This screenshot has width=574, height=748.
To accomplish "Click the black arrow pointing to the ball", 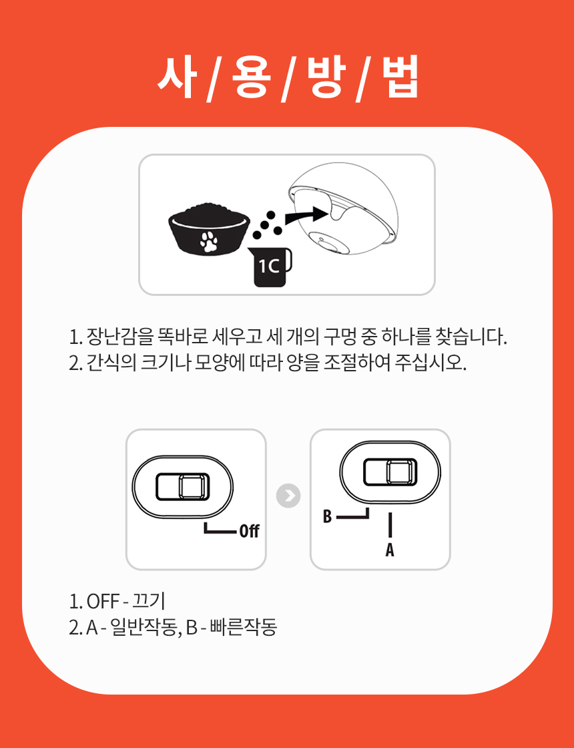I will (307, 217).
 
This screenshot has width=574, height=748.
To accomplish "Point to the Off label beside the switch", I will (249, 531).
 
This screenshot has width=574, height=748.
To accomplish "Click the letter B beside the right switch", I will (327, 516).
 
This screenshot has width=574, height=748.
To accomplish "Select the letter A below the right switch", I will (390, 550).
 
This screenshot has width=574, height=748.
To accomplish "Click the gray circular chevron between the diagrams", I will (288, 496).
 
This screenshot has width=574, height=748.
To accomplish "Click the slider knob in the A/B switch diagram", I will (401, 472).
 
